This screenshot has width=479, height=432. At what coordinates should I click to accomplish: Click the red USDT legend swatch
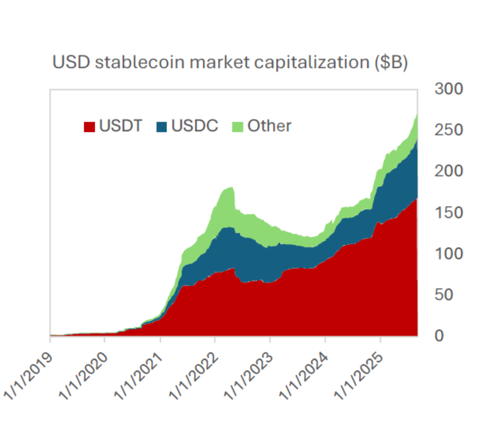tap(89, 127)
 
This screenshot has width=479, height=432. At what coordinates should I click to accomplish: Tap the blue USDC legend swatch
tap(162, 127)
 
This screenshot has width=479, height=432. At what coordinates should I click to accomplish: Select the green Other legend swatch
tap(237, 127)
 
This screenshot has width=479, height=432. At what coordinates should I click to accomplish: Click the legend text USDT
tap(121, 126)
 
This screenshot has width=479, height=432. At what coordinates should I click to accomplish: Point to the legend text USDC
tap(195, 126)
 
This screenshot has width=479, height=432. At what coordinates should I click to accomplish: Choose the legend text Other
tap(269, 126)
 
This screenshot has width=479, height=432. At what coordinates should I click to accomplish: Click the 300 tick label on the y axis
tap(448, 89)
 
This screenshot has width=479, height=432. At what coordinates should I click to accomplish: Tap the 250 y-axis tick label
tap(448, 130)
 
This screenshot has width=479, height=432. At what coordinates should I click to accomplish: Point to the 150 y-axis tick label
tap(448, 213)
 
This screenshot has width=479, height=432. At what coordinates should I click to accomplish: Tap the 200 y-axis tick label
tap(448, 171)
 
